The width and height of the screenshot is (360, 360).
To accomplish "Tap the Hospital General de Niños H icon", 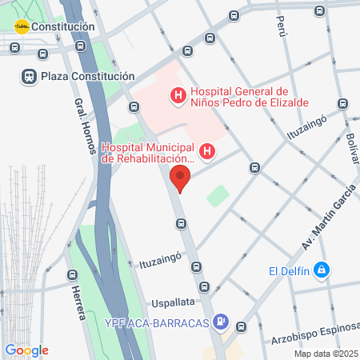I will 178,97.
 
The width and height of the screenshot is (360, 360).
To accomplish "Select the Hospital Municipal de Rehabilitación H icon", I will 207,150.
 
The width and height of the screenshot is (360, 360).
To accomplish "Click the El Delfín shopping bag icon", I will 322,270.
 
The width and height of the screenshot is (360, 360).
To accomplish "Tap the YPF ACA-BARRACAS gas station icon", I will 222,323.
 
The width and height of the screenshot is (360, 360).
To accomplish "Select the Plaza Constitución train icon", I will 28,77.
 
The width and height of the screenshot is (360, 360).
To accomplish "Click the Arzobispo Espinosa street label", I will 314,339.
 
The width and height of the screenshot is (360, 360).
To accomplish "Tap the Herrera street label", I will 77,302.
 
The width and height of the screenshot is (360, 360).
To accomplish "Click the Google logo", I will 26,350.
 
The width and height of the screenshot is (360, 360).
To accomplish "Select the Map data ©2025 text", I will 326,354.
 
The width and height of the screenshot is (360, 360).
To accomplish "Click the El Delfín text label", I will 287,270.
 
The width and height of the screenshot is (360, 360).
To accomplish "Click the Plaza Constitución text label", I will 88,77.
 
